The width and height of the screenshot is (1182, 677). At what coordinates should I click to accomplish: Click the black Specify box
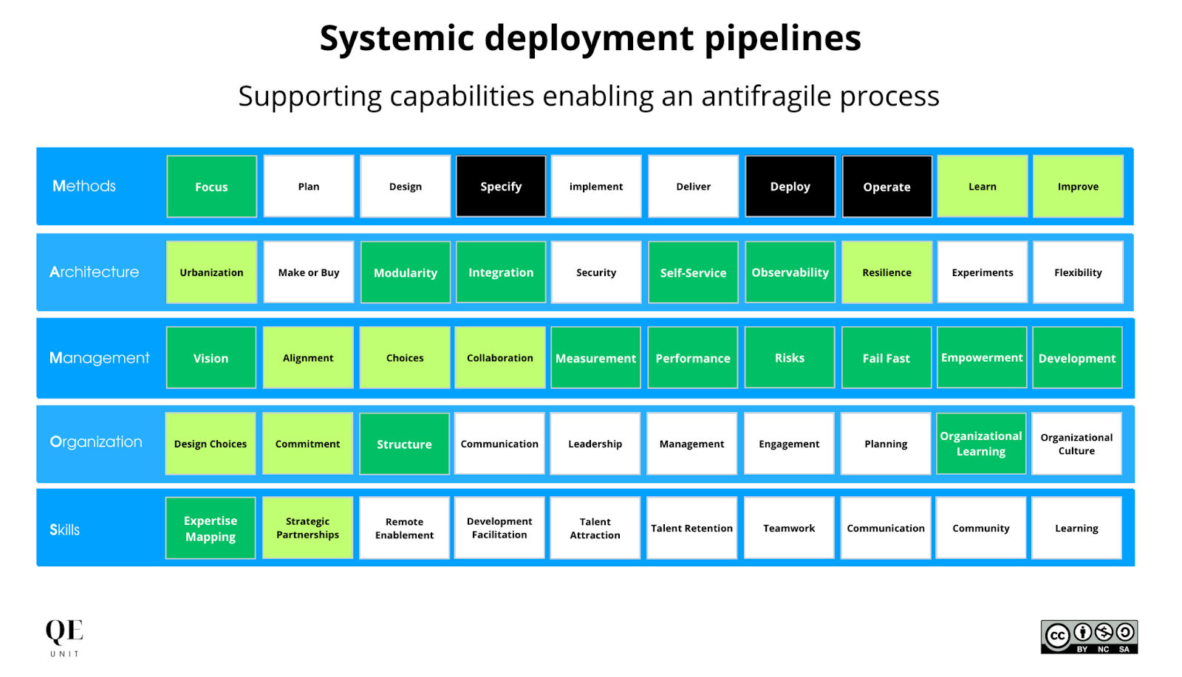[501, 187]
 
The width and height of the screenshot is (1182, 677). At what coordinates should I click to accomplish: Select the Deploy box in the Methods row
[790, 187]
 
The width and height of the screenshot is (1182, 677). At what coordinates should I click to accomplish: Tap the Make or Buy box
[309, 272]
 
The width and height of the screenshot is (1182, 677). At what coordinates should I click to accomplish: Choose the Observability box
[790, 272]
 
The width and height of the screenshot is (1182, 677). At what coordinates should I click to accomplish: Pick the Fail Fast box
[886, 358]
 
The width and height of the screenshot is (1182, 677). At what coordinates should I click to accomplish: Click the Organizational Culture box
[1076, 444]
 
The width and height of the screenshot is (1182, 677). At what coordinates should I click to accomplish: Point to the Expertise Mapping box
[211, 529]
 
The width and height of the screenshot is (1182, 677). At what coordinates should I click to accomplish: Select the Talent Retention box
[691, 529]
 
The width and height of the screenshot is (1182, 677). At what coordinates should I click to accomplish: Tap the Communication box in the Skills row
[886, 529]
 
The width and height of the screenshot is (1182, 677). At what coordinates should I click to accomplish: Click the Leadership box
[595, 444]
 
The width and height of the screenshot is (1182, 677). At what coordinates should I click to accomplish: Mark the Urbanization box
[211, 272]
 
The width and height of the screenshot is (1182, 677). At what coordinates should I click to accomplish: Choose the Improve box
[1078, 187]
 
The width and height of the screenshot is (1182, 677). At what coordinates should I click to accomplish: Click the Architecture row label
[94, 272]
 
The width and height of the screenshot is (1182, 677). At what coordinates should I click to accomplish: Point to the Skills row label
[65, 529]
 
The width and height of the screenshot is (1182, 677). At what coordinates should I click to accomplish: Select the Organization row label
[96, 442]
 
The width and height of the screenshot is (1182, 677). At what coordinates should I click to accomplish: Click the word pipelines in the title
[782, 38]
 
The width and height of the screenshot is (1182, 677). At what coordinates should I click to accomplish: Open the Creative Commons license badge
[1089, 637]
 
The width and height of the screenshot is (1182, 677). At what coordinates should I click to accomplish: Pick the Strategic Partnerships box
[307, 529]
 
